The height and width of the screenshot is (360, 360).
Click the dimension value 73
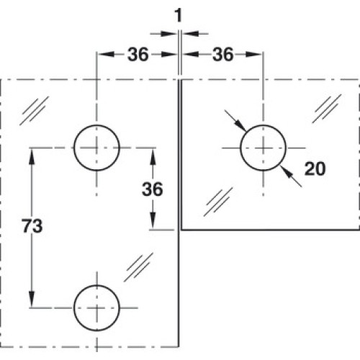pyautogui.click(x=32, y=226)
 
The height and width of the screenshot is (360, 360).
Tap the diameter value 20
pyautogui.click(x=315, y=168)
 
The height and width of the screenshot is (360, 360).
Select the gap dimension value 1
pyautogui.click(x=179, y=16)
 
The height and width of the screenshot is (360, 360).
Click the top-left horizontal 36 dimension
pyautogui.click(x=138, y=55)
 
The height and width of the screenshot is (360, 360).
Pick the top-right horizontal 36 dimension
pyautogui.click(x=223, y=55)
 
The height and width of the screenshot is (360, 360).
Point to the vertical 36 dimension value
pyautogui.click(x=153, y=189)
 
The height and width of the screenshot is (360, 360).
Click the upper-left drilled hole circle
pyautogui.click(x=96, y=125)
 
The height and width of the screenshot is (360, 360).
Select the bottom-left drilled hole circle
pyautogui.click(x=96, y=285)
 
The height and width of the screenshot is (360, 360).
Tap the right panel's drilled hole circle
pyautogui.click(x=263, y=125)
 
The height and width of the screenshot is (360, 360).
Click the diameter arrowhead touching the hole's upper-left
pyautogui.click(x=240, y=125)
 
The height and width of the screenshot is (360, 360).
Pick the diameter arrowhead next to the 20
pyautogui.click(x=286, y=171)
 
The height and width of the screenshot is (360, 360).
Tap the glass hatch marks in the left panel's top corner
pyautogui.click(x=35, y=111)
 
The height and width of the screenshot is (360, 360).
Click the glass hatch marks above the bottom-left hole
pyautogui.click(x=138, y=267)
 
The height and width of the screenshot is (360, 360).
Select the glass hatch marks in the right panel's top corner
pyautogui.click(x=327, y=109)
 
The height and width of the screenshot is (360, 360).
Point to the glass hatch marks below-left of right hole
pyautogui.click(x=218, y=202)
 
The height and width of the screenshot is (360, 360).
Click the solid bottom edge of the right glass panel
pyautogui.click(x=271, y=230)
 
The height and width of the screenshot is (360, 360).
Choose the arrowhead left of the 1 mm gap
pyautogui.click(x=169, y=34)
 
